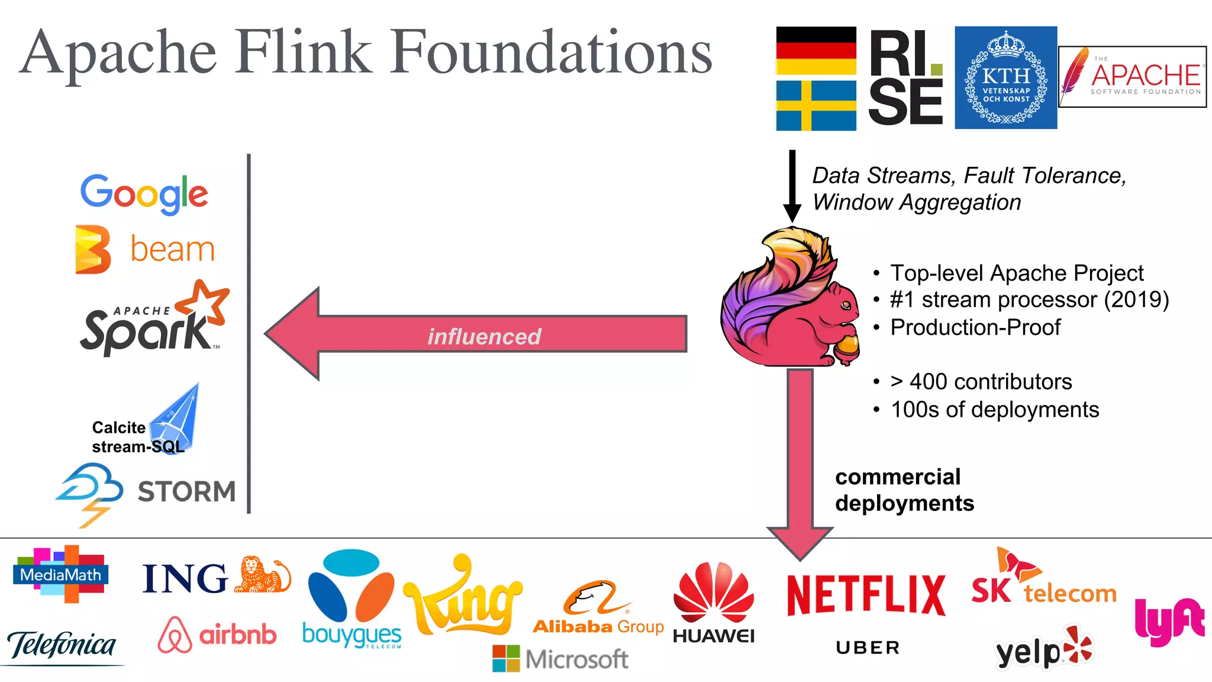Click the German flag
click(x=815, y=51)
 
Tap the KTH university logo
click(x=1005, y=78)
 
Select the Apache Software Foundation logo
click(x=1132, y=77)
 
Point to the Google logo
click(x=144, y=194)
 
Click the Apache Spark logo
click(x=154, y=320)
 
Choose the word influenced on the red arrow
click(x=484, y=336)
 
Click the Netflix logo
click(x=866, y=595)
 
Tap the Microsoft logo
click(x=560, y=659)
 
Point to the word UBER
click(x=868, y=648)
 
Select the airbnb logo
click(x=217, y=635)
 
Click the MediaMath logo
click(x=60, y=574)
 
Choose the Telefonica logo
click(x=62, y=645)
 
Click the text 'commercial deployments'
click(x=904, y=490)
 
